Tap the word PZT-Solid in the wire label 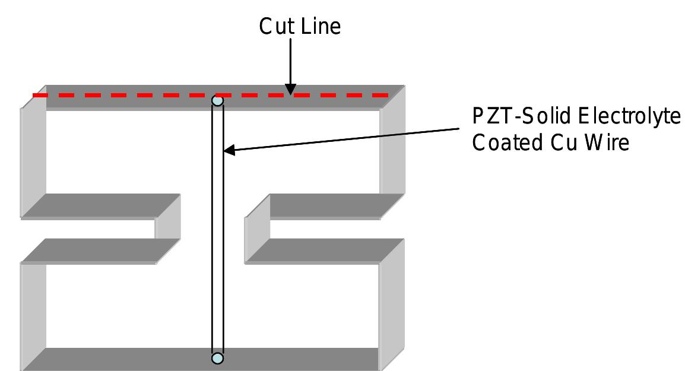[x=516, y=118]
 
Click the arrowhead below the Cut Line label [x=290, y=88]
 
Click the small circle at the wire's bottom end [x=218, y=358]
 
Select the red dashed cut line [x=148, y=95]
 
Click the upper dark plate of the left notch [x=101, y=205]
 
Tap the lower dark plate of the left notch [x=101, y=250]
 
